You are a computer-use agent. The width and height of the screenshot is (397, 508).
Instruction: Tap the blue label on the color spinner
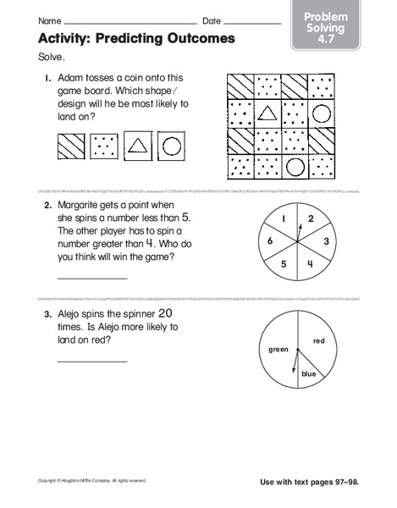tap(308, 373)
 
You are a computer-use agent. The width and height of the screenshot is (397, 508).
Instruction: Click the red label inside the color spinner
tap(319, 341)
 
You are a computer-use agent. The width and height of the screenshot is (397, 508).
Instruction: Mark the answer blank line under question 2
tap(91, 278)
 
